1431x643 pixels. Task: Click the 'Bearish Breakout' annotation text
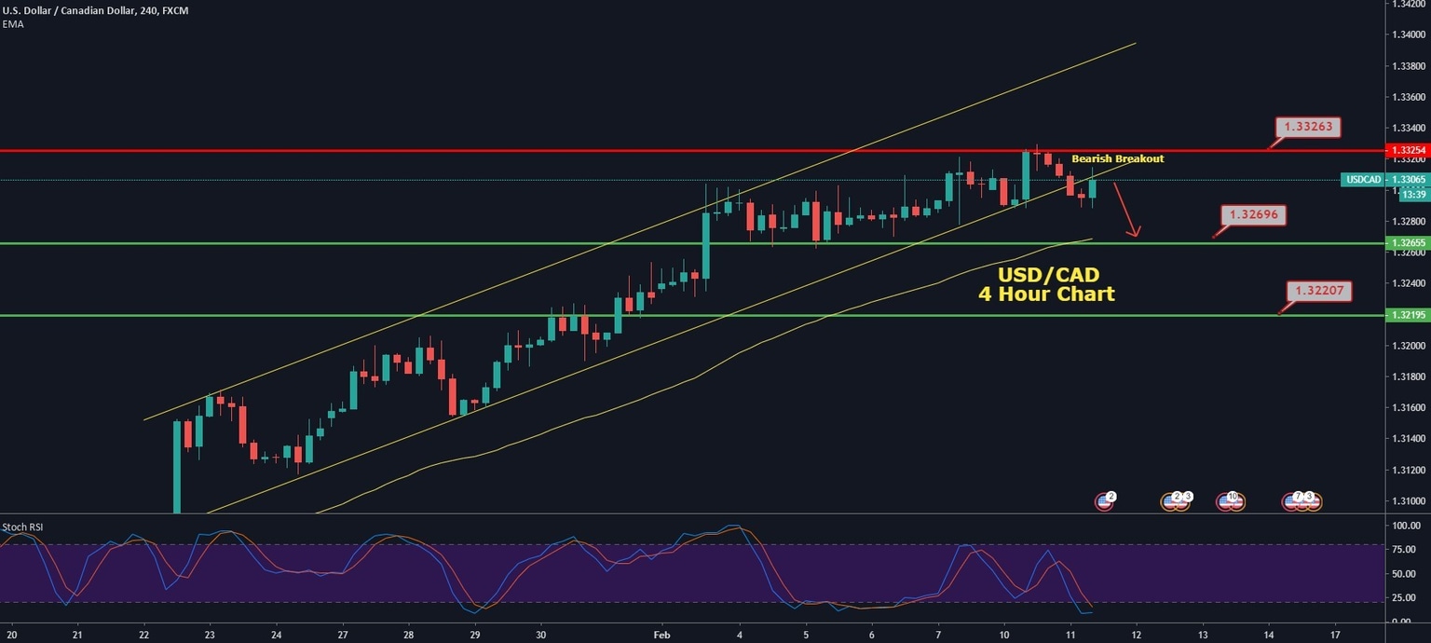coord(1117,159)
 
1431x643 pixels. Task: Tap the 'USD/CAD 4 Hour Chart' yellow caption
coord(1046,284)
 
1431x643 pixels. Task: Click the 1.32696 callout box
coord(1253,215)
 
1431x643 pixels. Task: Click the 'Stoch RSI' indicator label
coord(23,527)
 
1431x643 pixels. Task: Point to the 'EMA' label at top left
coord(13,24)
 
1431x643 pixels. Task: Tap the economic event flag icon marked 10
coord(1230,501)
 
